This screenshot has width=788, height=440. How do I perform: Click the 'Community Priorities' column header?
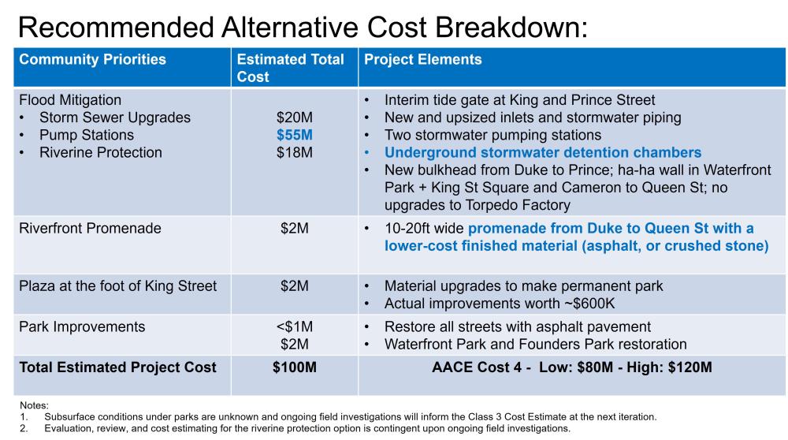(92, 60)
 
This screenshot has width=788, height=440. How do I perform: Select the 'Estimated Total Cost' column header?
(291, 68)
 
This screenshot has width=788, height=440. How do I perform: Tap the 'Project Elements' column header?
(422, 60)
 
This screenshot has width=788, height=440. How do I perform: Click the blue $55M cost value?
(294, 135)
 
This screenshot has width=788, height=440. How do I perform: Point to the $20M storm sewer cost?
(294, 117)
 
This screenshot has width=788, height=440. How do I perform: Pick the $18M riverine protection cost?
(294, 152)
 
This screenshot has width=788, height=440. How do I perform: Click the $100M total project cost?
(294, 367)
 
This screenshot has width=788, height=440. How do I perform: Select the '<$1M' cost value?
(294, 326)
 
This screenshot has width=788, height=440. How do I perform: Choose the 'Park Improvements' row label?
(82, 326)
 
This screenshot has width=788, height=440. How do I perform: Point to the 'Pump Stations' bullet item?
(86, 135)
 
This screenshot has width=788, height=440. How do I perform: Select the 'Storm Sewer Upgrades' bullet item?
(114, 117)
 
